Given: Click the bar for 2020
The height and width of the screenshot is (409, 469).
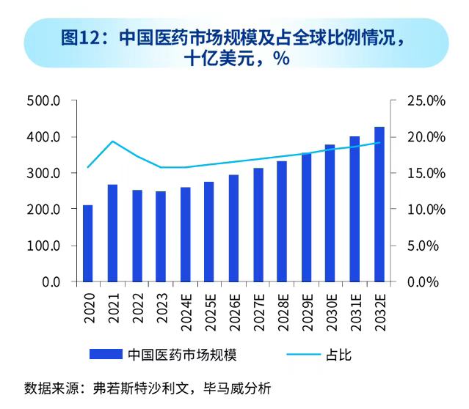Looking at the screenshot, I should pos(88,243).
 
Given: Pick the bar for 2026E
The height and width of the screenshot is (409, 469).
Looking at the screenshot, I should pos(233,228).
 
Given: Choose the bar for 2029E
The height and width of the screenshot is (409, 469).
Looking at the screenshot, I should pos(306,217).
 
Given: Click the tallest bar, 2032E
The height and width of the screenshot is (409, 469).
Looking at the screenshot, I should pos(379,204).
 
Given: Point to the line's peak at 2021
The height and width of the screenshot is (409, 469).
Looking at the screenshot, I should pos(112,141).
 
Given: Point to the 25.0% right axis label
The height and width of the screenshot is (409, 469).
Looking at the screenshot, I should pos(426,101).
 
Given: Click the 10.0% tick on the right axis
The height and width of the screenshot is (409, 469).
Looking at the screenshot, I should pos(426,210).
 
